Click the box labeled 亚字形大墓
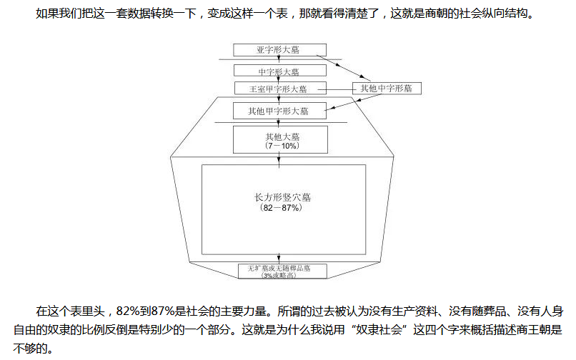(x=280, y=50)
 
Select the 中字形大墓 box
(x=280, y=71)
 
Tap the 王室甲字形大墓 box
(x=280, y=89)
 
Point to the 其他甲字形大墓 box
(x=280, y=111)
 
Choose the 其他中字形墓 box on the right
(x=387, y=88)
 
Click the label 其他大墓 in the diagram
(x=280, y=136)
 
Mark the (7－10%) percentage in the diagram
(x=280, y=145)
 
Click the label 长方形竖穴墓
(x=284, y=196)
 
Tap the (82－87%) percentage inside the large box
(x=284, y=208)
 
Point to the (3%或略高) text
(x=284, y=275)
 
